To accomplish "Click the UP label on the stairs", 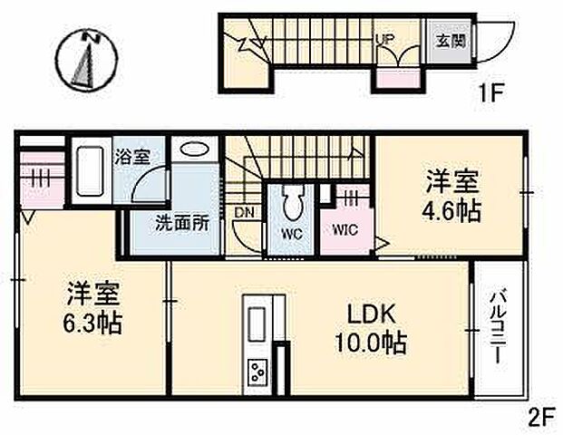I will (383, 39).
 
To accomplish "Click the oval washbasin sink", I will (195, 150).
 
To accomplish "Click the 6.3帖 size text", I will (93, 323).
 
